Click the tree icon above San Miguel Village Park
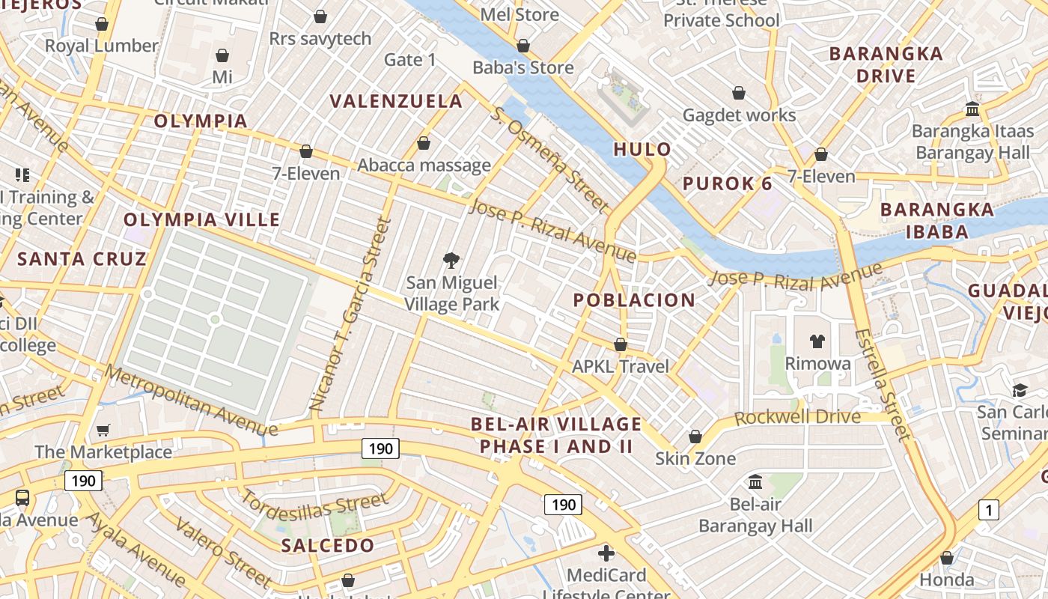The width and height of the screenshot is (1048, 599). (x=451, y=261)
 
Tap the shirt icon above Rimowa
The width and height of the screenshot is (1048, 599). (x=817, y=341)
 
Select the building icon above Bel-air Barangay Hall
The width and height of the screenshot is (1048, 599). (x=755, y=481)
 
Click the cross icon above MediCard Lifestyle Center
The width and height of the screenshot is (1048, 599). (x=606, y=553)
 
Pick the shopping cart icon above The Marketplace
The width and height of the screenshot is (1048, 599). (x=103, y=430)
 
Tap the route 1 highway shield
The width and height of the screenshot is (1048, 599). (x=988, y=511)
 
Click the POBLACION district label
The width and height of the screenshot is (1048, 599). (x=634, y=300)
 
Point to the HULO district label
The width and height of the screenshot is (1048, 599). (x=642, y=149)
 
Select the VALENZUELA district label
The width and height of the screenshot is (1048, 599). (x=397, y=101)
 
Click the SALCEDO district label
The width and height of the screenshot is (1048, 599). (x=328, y=545)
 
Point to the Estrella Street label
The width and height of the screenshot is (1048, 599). (x=883, y=383)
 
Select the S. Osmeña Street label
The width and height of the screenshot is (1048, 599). (x=550, y=159)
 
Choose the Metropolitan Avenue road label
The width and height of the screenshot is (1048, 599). (x=191, y=400)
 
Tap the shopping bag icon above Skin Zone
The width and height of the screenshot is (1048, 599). (x=695, y=437)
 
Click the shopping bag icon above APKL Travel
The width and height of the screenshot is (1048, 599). (x=621, y=344)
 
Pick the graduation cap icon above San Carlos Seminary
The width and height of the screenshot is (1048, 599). (x=1020, y=390)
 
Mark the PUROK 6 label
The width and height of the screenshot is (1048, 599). (x=727, y=183)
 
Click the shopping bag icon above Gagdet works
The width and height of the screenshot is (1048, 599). (x=739, y=93)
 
